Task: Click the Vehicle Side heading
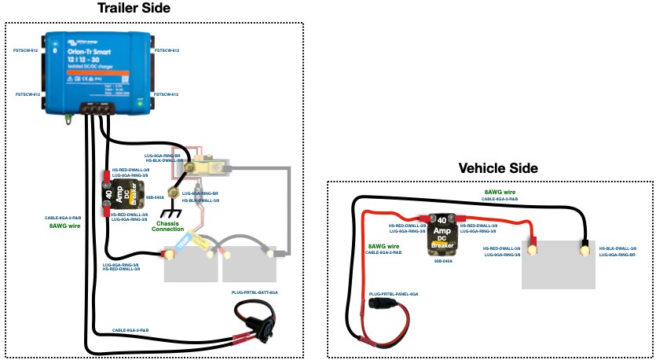(x=499, y=168)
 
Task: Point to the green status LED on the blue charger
(x=141, y=101)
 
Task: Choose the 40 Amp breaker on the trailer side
(x=123, y=193)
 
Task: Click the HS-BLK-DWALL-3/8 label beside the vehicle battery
(x=615, y=248)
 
